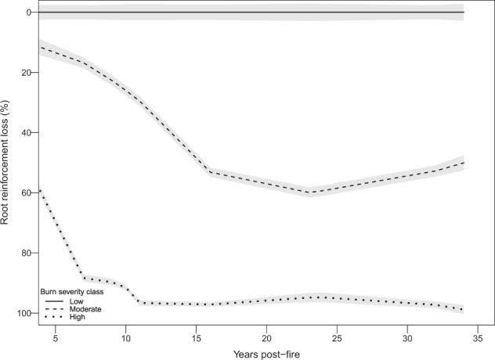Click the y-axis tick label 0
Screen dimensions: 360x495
pyautogui.click(x=27, y=13)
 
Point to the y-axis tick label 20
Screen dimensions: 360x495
pyautogui.click(x=24, y=73)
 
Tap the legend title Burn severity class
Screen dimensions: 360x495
pyautogui.click(x=73, y=289)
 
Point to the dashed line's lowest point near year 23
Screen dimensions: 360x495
pyautogui.click(x=309, y=192)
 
